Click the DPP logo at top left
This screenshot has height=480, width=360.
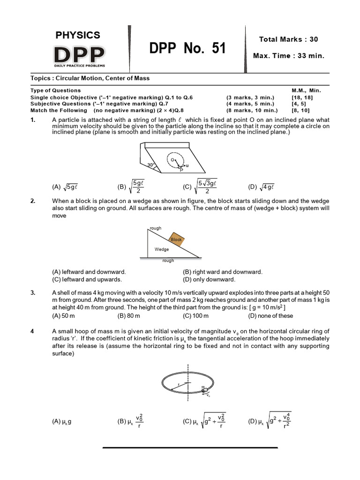(79, 55)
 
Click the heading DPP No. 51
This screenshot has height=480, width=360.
(187, 48)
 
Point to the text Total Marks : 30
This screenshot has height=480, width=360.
(288, 39)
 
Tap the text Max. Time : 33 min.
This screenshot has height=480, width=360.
(288, 56)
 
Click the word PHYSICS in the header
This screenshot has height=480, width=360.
(78, 35)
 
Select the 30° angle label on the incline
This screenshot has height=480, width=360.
(150, 165)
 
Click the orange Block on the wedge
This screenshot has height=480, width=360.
(176, 239)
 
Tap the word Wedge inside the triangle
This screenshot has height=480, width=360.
(162, 249)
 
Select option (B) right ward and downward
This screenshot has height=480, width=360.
(222, 272)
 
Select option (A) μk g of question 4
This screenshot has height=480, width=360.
(61, 421)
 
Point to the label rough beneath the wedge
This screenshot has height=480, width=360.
(168, 261)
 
